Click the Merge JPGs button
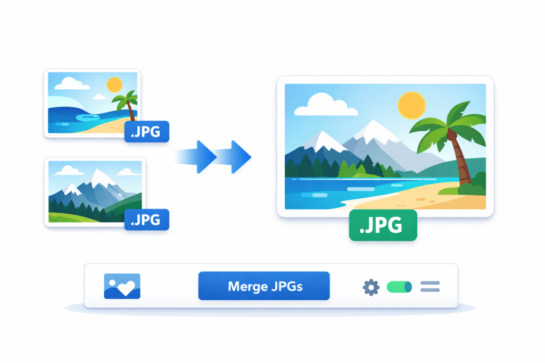[x=264, y=286]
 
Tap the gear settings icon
[x=371, y=288]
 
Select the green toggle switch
[x=399, y=287]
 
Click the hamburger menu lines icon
[x=430, y=287]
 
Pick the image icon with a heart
[x=122, y=286]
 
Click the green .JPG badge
[x=383, y=225]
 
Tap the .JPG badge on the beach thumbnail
[x=146, y=132]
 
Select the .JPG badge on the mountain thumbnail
[x=146, y=219]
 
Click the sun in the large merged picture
[x=412, y=105]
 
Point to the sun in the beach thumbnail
[x=114, y=85]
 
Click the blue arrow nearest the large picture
[x=238, y=157]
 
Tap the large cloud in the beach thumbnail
[x=72, y=83]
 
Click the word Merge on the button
[x=246, y=286]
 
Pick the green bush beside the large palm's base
[x=472, y=185]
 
